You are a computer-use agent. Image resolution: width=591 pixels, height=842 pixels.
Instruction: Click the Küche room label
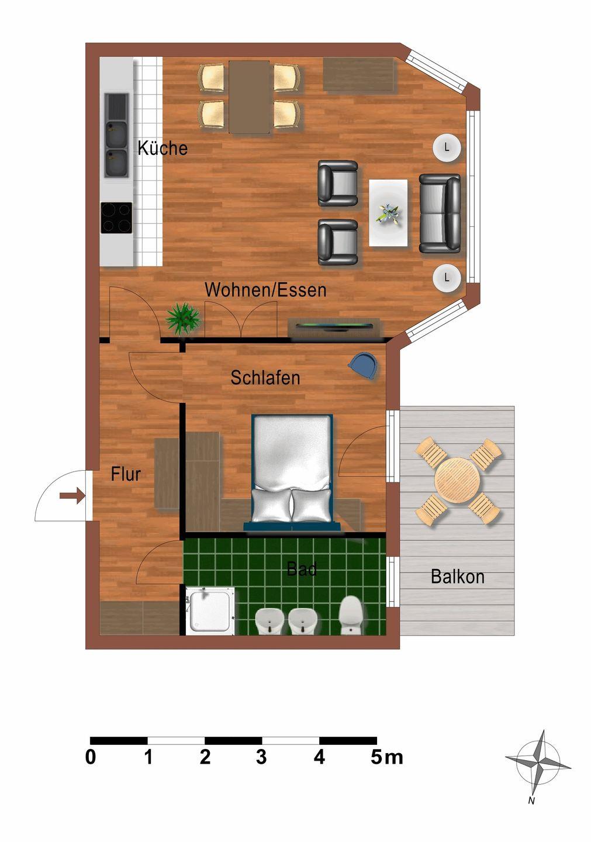click(x=163, y=148)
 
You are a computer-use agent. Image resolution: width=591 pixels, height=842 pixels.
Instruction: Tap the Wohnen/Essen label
click(x=265, y=290)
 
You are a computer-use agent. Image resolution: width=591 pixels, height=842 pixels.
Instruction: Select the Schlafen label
click(x=265, y=378)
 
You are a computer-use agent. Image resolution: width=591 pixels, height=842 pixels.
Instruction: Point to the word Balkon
click(x=458, y=577)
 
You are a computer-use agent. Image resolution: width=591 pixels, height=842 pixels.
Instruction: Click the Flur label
click(x=126, y=474)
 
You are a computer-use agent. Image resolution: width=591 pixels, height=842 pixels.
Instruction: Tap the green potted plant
click(x=183, y=318)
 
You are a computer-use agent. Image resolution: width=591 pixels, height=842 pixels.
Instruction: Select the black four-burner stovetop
click(x=116, y=218)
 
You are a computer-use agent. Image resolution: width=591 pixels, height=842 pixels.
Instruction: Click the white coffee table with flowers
click(x=389, y=213)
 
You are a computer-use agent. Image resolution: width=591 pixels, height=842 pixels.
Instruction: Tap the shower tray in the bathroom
click(x=210, y=612)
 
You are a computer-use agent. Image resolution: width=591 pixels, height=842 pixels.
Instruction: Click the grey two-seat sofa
click(x=440, y=213)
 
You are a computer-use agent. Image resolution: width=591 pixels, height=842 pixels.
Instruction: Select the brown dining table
click(x=250, y=97)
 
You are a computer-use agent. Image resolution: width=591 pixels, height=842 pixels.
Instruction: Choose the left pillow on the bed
click(x=271, y=506)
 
